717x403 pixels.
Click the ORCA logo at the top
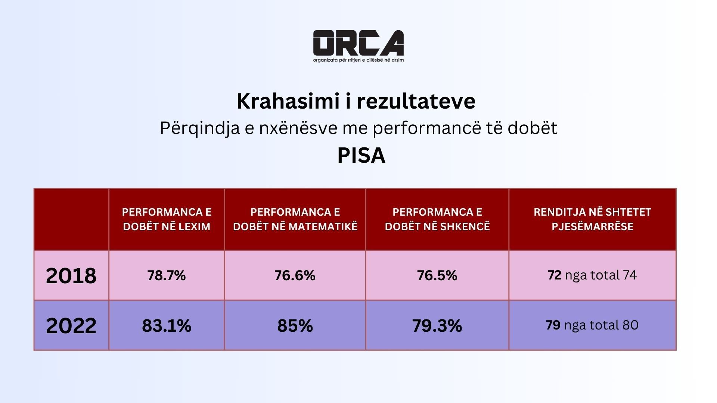pos(358,43)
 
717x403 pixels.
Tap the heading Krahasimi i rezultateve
pos(356,101)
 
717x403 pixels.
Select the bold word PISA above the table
pos(361,156)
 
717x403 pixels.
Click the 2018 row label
pos(71,276)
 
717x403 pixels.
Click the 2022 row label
pos(71,325)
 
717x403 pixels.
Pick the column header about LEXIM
pos(167,219)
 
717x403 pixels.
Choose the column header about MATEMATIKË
pos(295,219)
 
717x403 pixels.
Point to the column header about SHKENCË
pos(437,219)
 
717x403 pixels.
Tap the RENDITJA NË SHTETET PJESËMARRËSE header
pos(592,219)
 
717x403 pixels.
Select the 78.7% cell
pos(167,275)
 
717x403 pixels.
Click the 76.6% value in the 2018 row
pos(295,275)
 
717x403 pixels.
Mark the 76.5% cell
pos(437,275)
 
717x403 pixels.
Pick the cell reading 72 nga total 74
pos(592,275)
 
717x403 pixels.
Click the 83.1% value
pos(167,326)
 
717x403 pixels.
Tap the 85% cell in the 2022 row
pos(295,326)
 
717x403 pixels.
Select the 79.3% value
pos(437,326)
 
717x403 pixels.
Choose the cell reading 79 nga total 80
pos(592,325)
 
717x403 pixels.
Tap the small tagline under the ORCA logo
pos(358,60)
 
